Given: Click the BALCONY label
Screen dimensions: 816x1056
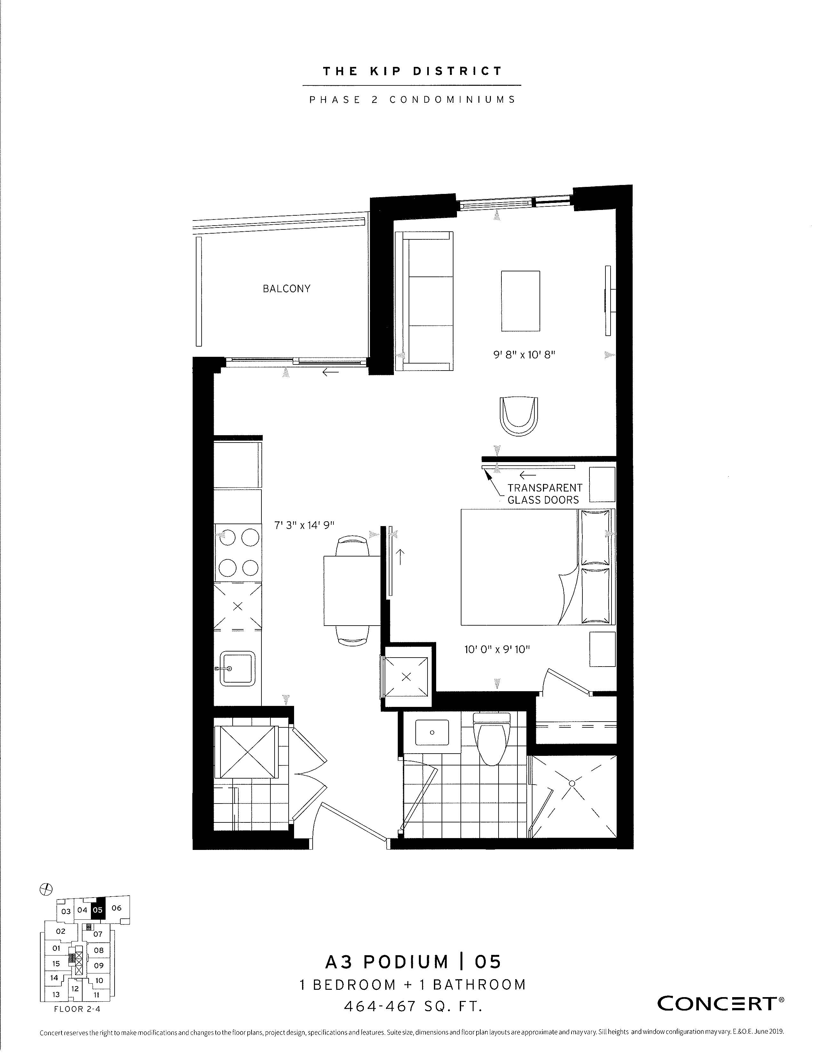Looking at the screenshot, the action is pos(286,289).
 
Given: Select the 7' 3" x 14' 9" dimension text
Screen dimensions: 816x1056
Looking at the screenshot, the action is pos(305,525).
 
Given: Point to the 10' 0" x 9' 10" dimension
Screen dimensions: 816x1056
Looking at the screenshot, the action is pos(497,649).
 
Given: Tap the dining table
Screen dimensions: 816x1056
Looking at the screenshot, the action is pos(352,591).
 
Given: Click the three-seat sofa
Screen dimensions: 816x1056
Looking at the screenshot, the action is pos(424,301).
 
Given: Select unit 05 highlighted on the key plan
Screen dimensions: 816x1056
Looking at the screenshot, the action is pos(98,909).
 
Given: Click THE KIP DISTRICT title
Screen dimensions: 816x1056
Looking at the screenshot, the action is pos(412,71).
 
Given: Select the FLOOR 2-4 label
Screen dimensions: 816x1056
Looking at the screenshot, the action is pos(77,1009).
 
